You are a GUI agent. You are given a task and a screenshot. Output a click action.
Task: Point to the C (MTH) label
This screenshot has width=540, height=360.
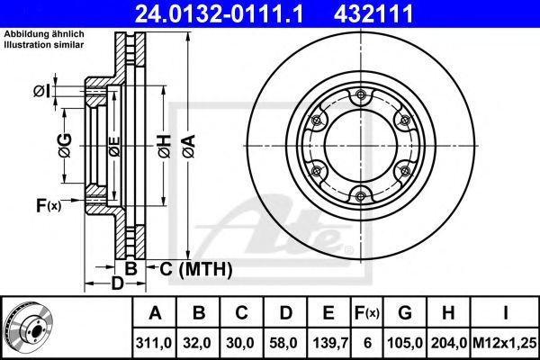pyautogui.click(x=195, y=268)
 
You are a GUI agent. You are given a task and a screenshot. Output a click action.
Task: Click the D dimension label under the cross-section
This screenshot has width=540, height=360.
pyautogui.click(x=117, y=284)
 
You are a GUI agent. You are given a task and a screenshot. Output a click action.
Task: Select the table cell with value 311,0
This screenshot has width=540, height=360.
pyautogui.click(x=156, y=341)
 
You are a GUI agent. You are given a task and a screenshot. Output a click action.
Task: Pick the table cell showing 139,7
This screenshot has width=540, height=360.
pyautogui.click(x=329, y=341)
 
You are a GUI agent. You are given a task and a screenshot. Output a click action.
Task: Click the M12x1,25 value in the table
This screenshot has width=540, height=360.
pyautogui.click(x=505, y=341)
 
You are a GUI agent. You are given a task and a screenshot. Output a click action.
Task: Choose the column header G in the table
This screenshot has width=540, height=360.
pyautogui.click(x=405, y=312)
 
